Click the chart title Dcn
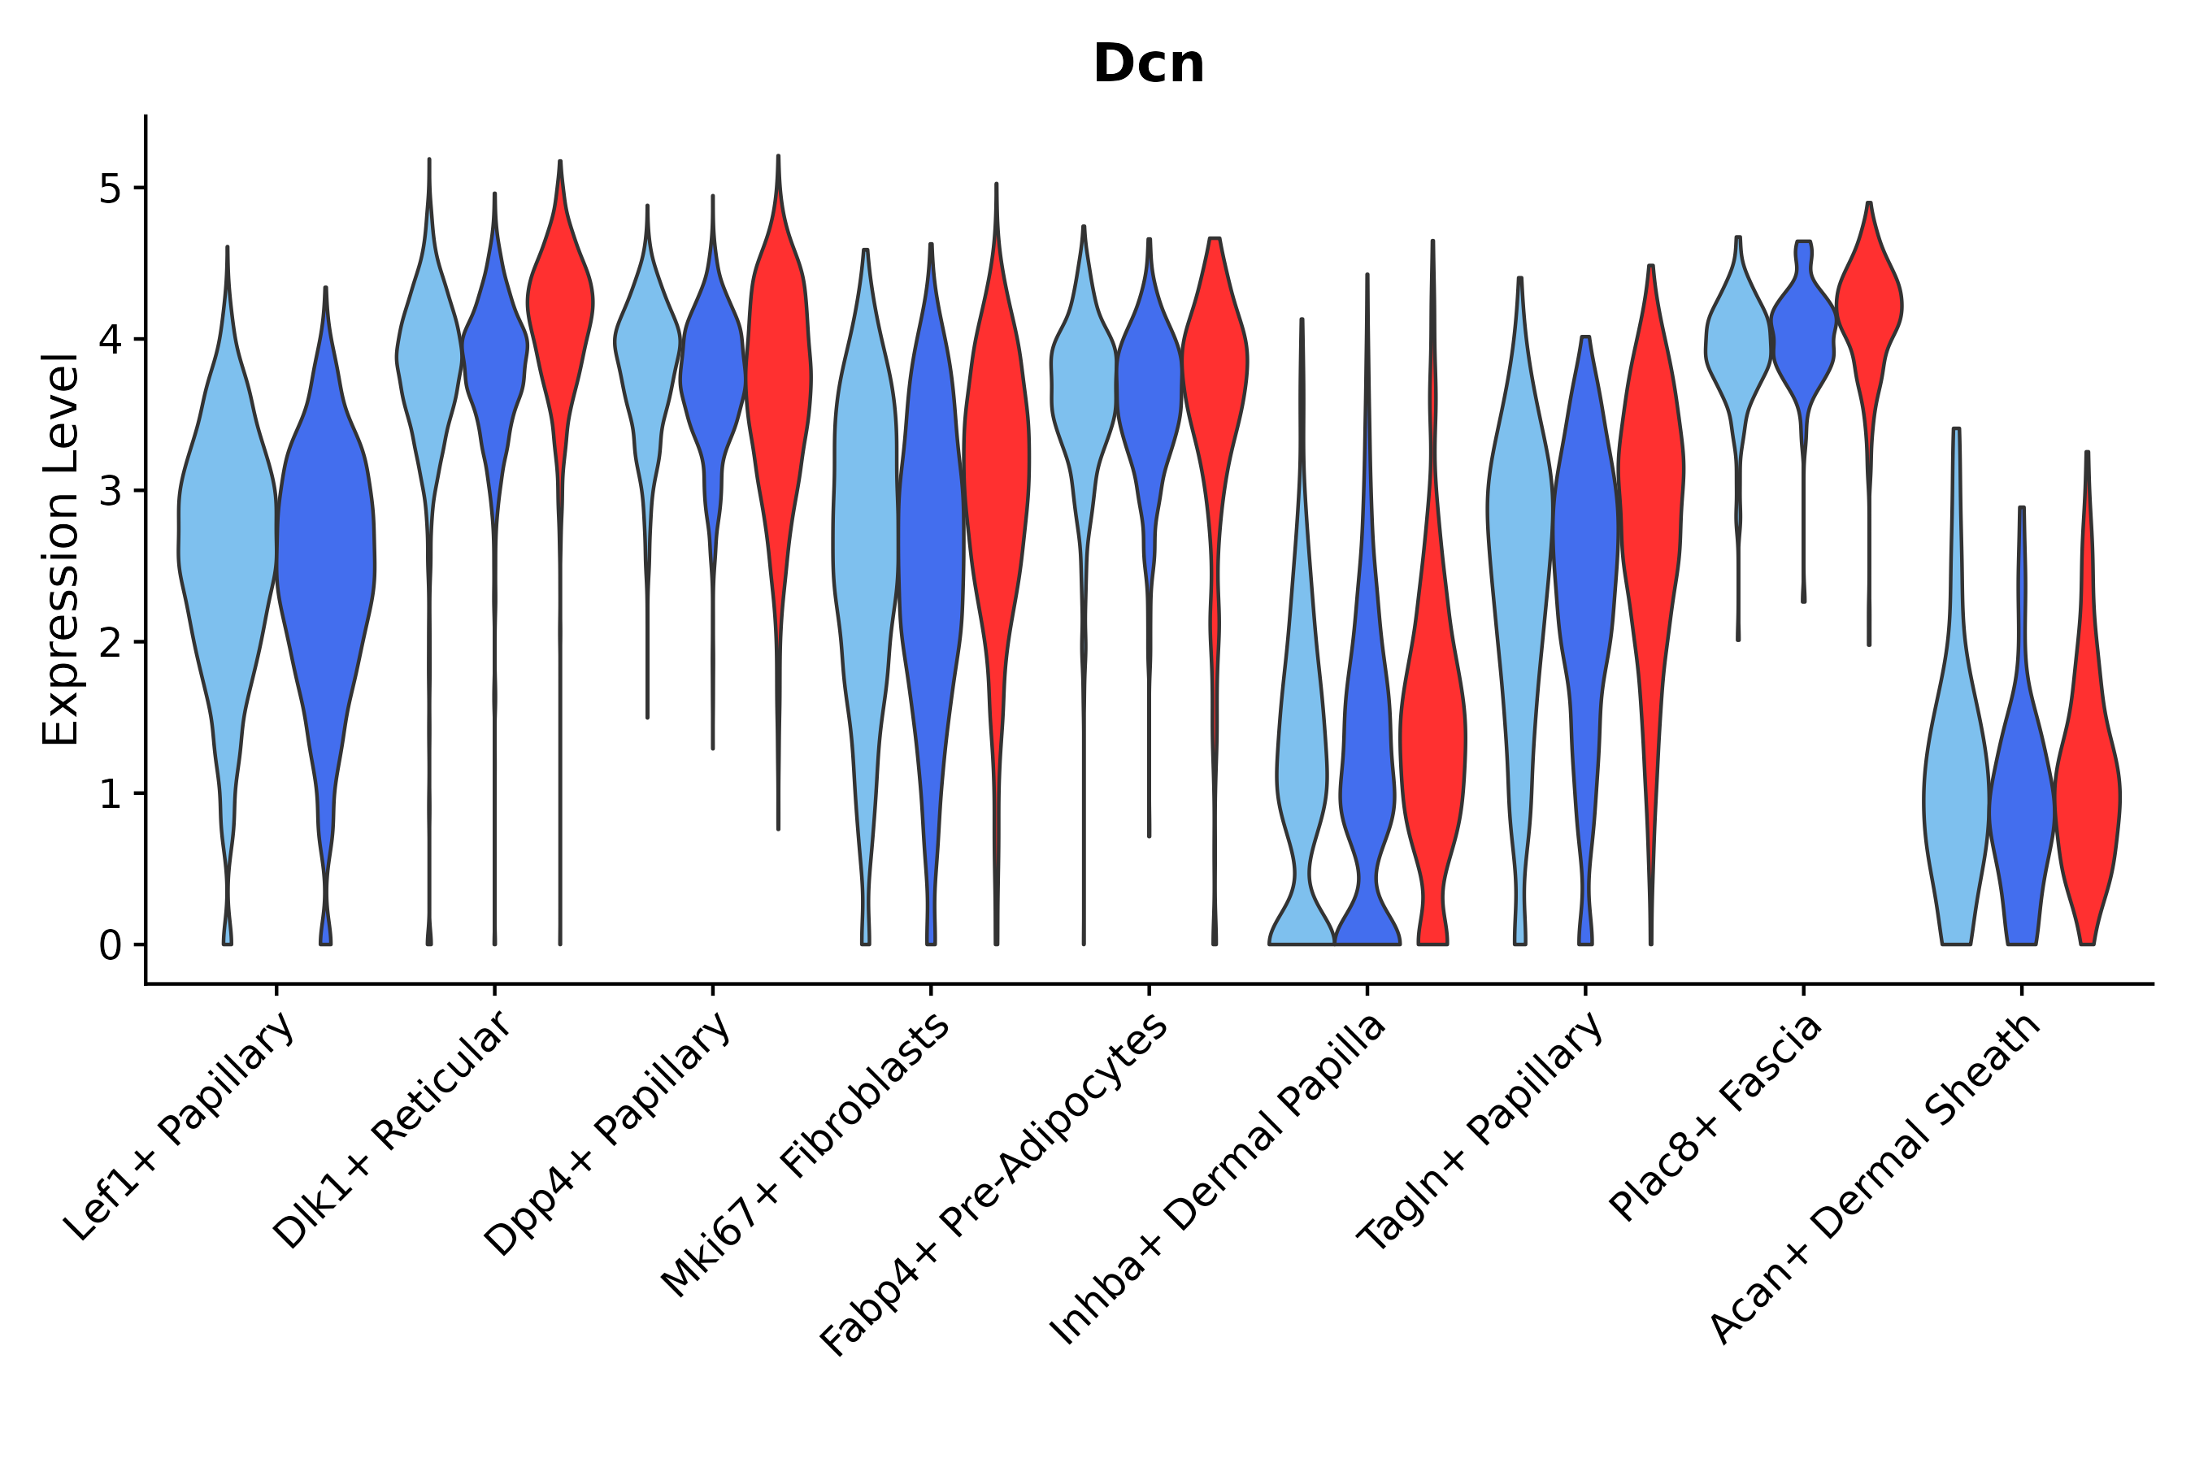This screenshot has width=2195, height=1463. click(1148, 65)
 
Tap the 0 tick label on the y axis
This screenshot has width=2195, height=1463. click(110, 946)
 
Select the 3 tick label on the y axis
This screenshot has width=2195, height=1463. click(110, 492)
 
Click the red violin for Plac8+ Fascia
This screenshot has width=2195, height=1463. click(1869, 308)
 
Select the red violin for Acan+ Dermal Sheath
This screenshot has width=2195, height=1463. click(2087, 793)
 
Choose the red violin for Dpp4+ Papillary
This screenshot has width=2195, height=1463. click(778, 373)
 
